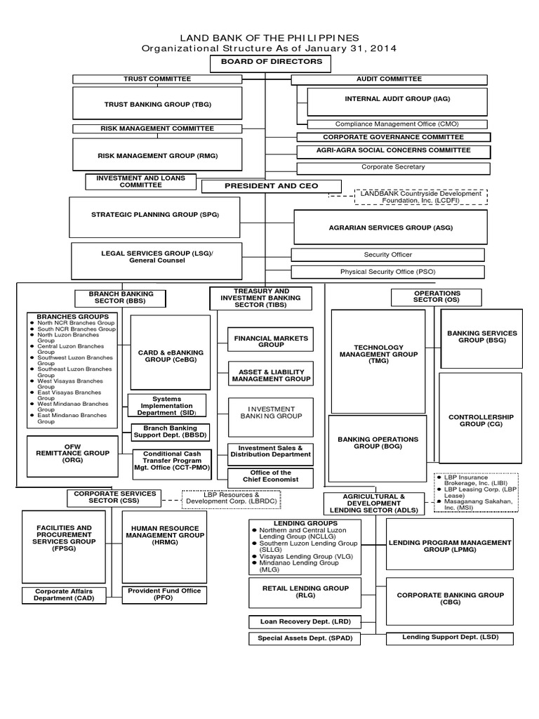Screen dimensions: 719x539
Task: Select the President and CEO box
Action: coord(271,186)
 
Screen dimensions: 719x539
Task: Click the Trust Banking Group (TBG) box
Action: coord(157,104)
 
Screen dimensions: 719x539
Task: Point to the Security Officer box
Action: coord(387,255)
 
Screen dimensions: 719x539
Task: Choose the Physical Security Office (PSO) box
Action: coord(387,272)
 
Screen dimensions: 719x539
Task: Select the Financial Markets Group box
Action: coord(271,341)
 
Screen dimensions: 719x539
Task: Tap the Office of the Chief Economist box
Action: coord(270,477)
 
